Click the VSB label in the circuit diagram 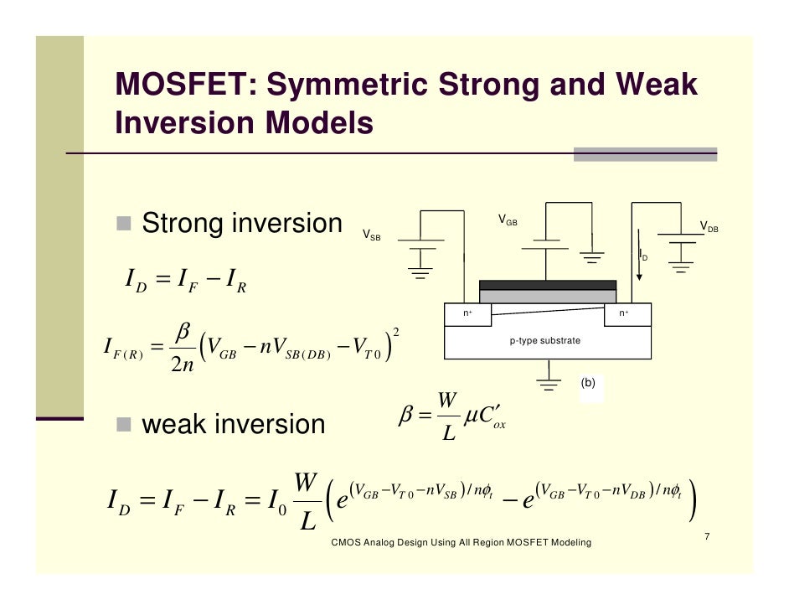370,235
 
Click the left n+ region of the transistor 469,313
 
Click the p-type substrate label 545,341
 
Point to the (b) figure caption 588,382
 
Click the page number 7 708,536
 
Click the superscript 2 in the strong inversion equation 395,333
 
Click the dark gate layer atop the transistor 547,285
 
